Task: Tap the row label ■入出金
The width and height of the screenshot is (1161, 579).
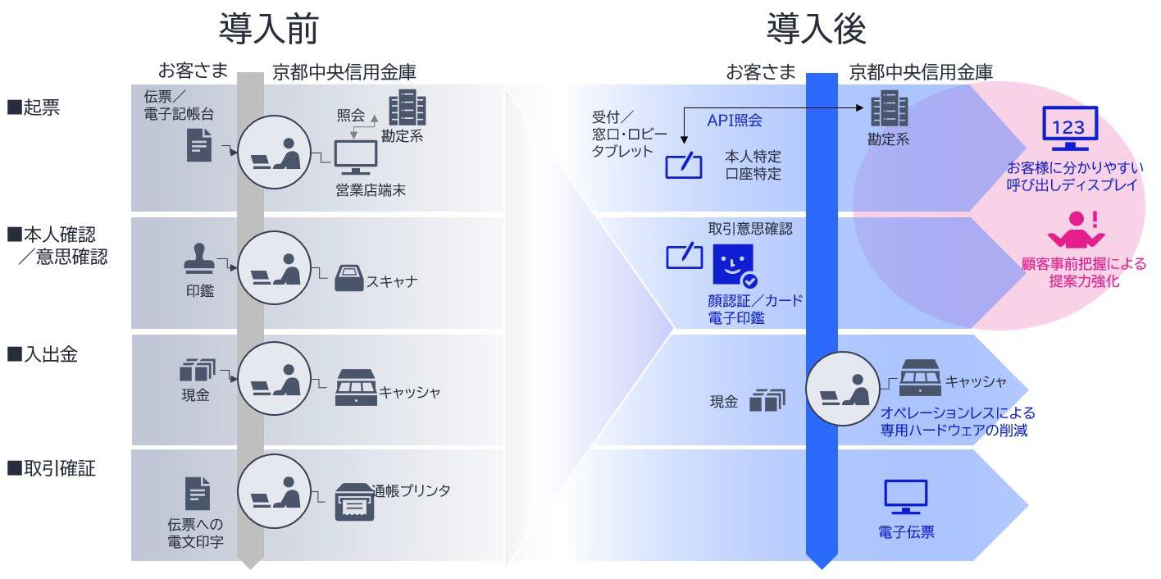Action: pos(42,354)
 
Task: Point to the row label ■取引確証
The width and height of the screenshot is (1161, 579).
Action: pos(51,469)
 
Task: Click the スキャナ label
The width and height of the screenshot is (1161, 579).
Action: pos(392,281)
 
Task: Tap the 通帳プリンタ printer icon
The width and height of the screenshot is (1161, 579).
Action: pos(354,501)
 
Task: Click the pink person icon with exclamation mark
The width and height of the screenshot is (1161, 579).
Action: pos(1077,230)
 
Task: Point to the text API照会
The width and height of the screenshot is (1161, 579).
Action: pos(735,121)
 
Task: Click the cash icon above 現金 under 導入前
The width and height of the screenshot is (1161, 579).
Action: pos(197,371)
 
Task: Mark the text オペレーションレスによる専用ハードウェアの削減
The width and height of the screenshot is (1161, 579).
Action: pos(958,421)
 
